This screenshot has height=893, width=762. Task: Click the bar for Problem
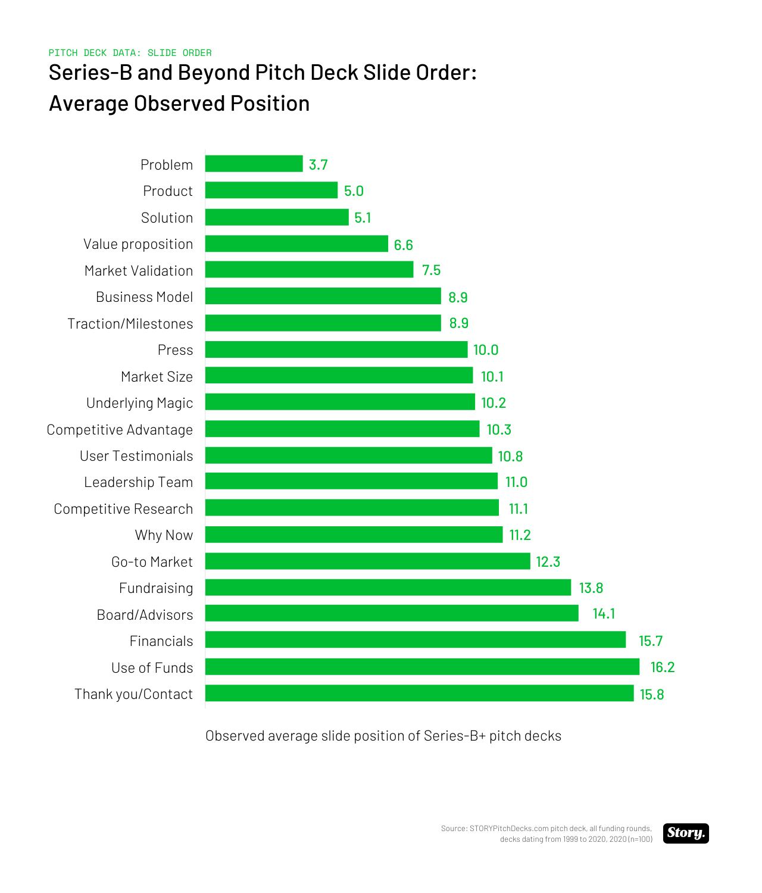coord(254,164)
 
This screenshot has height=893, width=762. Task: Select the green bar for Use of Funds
coord(422,667)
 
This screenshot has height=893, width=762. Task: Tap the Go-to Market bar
coord(367,561)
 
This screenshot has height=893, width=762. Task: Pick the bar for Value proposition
coord(296,243)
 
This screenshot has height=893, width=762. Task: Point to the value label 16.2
coord(662,667)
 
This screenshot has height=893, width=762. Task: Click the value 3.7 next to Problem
coord(318,165)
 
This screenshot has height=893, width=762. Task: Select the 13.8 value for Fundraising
coord(591,588)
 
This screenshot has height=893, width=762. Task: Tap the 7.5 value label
coord(431,270)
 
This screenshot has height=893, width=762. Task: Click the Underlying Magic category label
coord(140,403)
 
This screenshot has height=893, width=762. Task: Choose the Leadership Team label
coord(139,482)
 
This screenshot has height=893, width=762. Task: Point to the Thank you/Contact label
coord(134,694)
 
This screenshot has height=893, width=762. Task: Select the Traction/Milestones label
coord(130,324)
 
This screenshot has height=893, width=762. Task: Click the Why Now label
coord(164,535)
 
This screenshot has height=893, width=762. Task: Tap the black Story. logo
coord(686,833)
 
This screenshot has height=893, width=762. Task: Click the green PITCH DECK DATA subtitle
coord(130,53)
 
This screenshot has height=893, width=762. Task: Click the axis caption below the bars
coord(383,736)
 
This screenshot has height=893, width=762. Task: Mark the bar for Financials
coord(416,640)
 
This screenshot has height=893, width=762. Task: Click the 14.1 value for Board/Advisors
coord(604,614)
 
